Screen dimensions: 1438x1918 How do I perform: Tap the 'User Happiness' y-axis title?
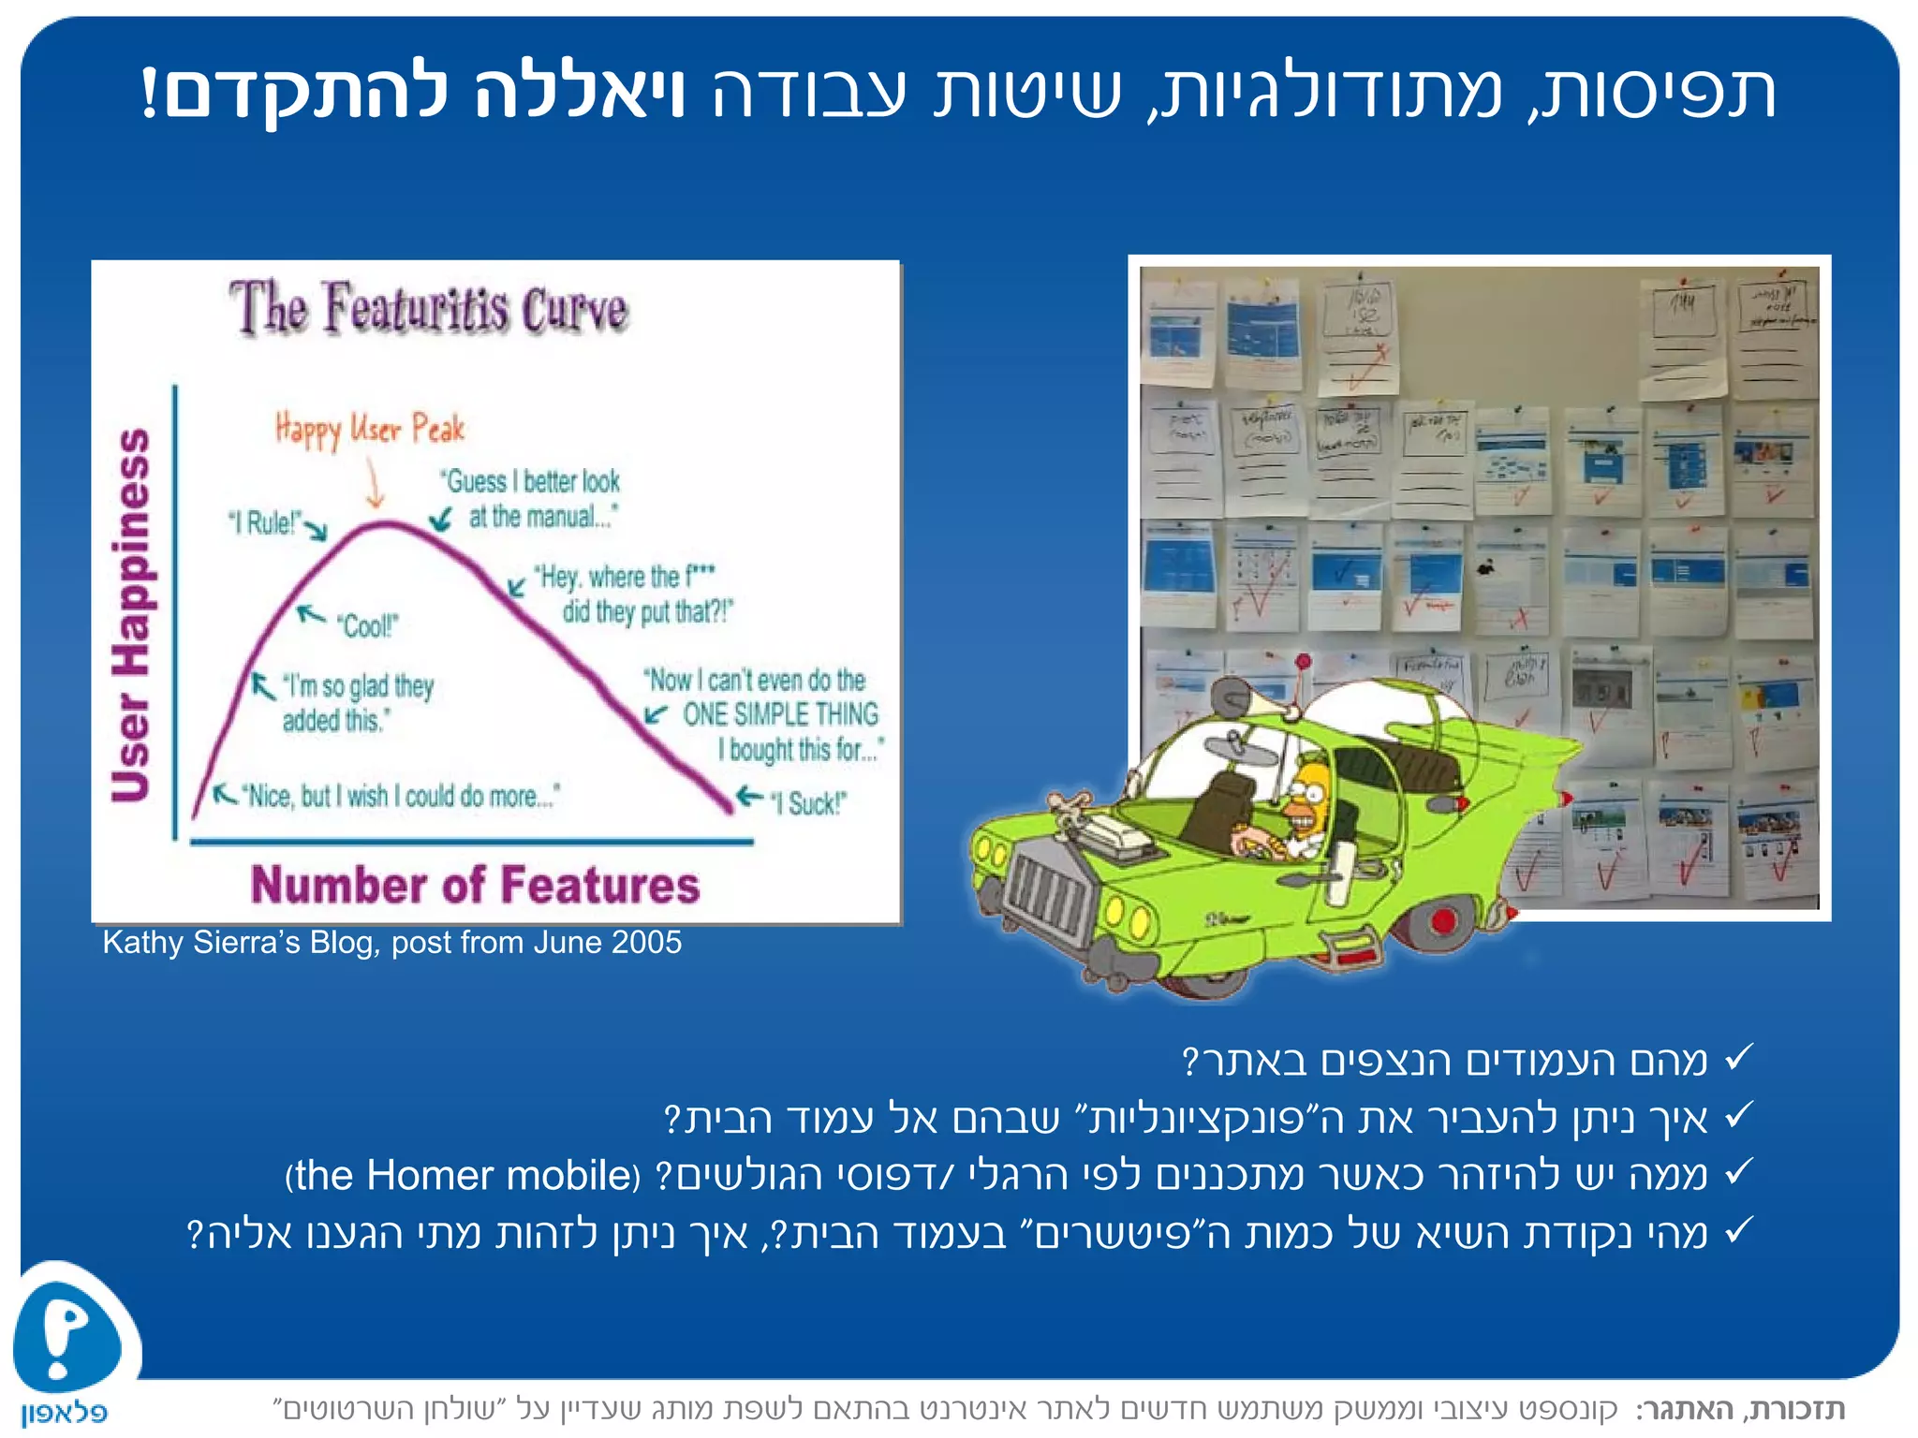click(131, 616)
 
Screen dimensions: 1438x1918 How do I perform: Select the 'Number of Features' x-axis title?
click(475, 885)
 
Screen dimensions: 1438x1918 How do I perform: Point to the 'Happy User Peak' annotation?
click(370, 430)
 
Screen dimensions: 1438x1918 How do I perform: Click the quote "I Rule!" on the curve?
click(266, 522)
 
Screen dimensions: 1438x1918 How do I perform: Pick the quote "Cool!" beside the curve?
click(368, 625)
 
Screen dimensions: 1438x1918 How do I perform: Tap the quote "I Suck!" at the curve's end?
click(808, 803)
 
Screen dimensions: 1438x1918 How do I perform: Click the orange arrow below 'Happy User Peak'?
click(376, 485)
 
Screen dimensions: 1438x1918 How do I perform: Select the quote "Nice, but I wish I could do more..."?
click(401, 797)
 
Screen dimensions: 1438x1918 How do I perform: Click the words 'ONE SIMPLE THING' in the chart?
click(780, 714)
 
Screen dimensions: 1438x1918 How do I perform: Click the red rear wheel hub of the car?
click(1443, 920)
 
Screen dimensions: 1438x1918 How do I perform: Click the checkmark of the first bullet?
click(1737, 1059)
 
